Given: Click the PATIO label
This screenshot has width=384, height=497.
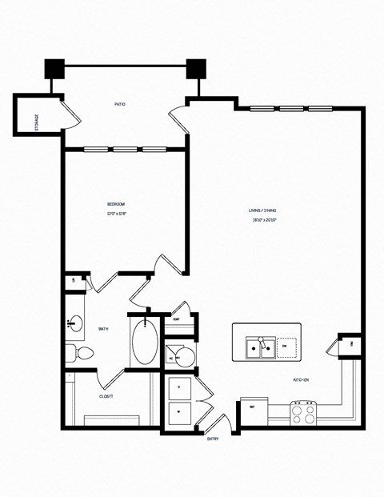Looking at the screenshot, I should [119, 103].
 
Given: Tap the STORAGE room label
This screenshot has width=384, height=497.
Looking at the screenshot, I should [36, 122].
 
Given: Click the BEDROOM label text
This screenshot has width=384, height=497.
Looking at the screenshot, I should [117, 206].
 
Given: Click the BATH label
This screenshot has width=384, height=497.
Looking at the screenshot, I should [103, 329].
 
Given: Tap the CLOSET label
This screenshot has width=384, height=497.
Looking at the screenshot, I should [106, 395].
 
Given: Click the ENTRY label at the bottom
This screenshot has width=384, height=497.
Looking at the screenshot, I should [213, 439].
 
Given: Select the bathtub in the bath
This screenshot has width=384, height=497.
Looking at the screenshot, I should [146, 343].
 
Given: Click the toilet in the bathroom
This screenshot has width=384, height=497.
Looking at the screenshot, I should [82, 352].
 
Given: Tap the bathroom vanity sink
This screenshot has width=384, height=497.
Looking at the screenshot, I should [76, 324].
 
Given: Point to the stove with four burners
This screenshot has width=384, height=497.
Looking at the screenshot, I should [304, 413].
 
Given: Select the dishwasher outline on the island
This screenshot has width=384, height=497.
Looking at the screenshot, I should [285, 347].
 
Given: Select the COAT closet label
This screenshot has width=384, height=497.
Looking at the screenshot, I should [176, 319].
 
